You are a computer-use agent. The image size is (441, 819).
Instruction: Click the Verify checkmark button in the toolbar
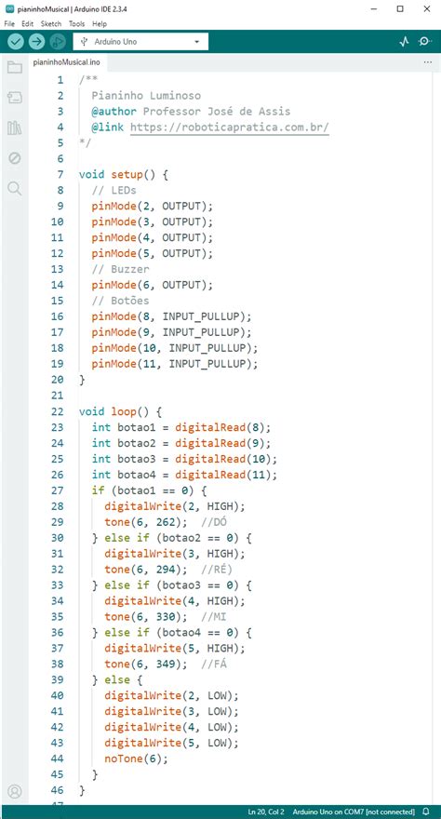pyautogui.click(x=16, y=41)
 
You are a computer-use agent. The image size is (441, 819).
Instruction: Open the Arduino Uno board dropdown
pyautogui.click(x=140, y=42)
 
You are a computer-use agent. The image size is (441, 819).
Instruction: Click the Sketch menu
pyautogui.click(x=51, y=24)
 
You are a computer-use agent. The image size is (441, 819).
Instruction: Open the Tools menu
pyautogui.click(x=76, y=24)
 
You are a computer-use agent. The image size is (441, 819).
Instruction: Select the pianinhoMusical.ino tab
pyautogui.click(x=66, y=62)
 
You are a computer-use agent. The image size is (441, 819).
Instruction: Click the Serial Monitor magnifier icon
pyautogui.click(x=425, y=42)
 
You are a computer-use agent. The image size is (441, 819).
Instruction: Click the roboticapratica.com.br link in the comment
pyautogui.click(x=230, y=127)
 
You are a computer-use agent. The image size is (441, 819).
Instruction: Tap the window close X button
pyautogui.click(x=427, y=8)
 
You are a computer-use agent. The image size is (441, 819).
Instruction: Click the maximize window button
pyautogui.click(x=400, y=8)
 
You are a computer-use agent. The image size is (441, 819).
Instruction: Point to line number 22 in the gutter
pyautogui.click(x=58, y=411)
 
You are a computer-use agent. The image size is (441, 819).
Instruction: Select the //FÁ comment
pyautogui.click(x=216, y=664)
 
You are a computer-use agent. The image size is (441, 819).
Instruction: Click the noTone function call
pyautogui.click(x=123, y=759)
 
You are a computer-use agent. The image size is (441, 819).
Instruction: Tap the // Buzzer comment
pyautogui.click(x=120, y=270)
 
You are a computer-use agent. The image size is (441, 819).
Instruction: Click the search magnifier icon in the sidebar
pyautogui.click(x=15, y=189)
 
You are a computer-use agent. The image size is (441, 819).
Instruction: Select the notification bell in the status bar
pyautogui.click(x=426, y=812)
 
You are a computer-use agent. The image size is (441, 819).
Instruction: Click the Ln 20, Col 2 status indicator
pyautogui.click(x=266, y=812)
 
